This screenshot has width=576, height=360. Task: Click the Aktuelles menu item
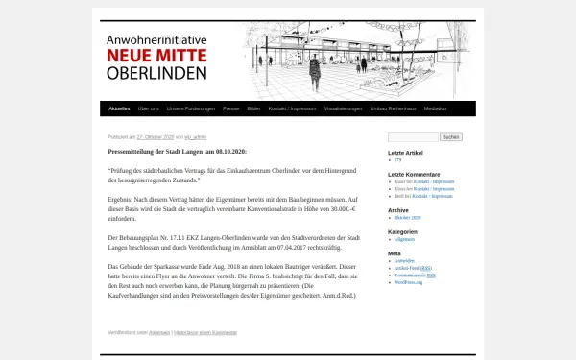click(119, 109)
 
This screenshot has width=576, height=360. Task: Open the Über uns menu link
click(149, 109)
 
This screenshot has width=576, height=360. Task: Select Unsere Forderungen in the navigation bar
click(190, 109)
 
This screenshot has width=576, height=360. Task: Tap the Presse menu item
click(230, 109)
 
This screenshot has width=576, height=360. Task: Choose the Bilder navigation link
click(253, 109)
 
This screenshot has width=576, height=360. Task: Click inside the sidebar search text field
click(412, 137)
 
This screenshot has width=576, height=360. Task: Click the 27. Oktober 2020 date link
click(155, 137)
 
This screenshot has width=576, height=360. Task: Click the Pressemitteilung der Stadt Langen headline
click(178, 152)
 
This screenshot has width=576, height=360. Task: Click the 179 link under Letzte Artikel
click(397, 160)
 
